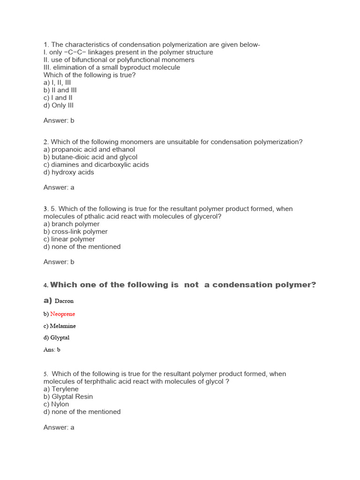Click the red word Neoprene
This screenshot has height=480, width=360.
coord(62,314)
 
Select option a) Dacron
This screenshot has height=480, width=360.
coord(59,301)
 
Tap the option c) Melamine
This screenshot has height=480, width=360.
coord(60,326)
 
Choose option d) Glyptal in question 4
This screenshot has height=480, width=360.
coord(56,337)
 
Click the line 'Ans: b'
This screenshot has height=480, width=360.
coord(52,349)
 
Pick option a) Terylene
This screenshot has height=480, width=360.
coord(61,389)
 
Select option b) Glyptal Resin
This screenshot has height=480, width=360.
coord(68,397)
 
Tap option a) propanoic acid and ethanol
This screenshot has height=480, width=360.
coord(89,150)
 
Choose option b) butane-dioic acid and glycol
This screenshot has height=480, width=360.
coord(90,157)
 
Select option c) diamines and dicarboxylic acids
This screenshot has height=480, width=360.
coord(96,165)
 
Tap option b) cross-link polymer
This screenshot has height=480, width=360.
coord(75,232)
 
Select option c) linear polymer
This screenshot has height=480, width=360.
coord(69,239)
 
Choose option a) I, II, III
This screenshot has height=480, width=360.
coord(57,82)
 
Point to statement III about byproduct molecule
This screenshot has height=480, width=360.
coord(112,67)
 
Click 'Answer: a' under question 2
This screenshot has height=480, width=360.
coord(59,187)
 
